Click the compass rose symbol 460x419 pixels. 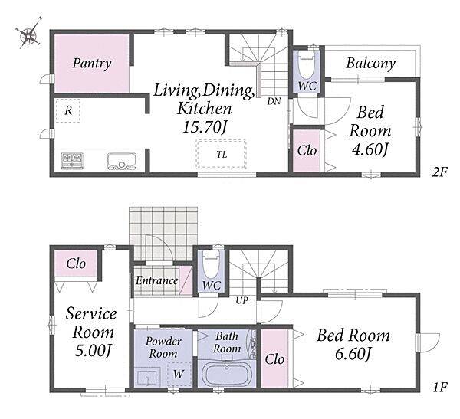(x=29, y=34)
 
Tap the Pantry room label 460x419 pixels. (x=92, y=64)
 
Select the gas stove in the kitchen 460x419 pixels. (x=72, y=161)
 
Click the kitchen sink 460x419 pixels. (x=122, y=161)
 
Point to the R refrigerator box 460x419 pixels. (x=67, y=110)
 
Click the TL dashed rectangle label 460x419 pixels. (x=222, y=155)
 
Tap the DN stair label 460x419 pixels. (x=274, y=101)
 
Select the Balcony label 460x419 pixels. (x=370, y=64)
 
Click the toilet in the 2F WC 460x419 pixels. (x=307, y=65)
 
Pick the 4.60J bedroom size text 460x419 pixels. (x=370, y=150)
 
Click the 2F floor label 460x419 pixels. (x=439, y=172)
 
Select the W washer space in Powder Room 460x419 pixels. (x=179, y=374)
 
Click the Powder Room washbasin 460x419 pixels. (x=147, y=378)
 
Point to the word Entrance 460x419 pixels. (x=156, y=281)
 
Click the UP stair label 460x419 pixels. (x=242, y=300)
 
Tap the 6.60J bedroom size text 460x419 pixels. (x=353, y=354)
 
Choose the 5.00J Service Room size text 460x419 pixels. (x=93, y=350)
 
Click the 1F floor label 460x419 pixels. (x=439, y=388)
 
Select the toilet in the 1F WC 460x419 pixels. (x=212, y=266)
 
